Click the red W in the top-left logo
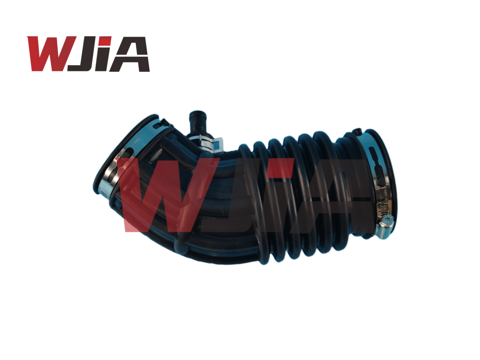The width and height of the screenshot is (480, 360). pyautogui.click(x=49, y=54)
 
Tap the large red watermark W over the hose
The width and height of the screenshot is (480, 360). pyautogui.click(x=161, y=195)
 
